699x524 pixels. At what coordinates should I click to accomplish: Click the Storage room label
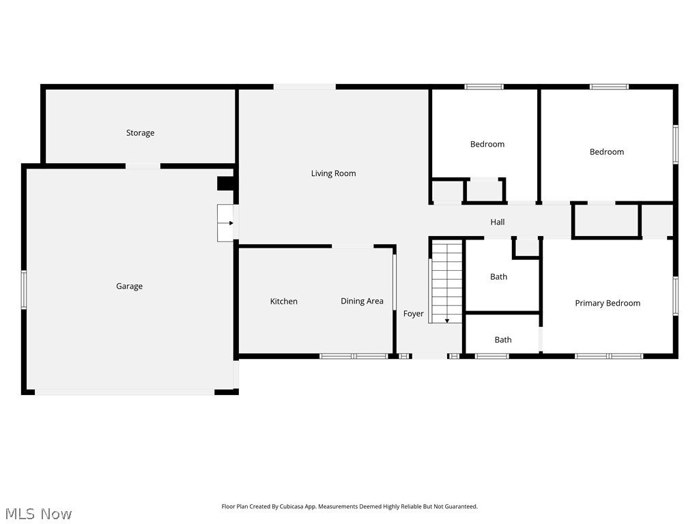tap(140, 133)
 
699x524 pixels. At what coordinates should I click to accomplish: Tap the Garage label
tap(129, 286)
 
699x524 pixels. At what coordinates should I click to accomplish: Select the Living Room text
tap(333, 173)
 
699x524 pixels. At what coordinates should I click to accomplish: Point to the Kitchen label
tap(283, 301)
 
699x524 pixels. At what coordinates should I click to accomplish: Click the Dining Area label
tap(362, 301)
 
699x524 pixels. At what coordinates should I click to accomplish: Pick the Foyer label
tap(413, 314)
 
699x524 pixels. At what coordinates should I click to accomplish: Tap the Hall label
tap(498, 222)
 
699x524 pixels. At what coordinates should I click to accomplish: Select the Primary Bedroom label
tap(608, 303)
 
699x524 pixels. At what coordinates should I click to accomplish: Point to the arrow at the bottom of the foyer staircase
tap(446, 321)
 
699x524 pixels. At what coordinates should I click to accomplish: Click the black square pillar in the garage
tap(225, 184)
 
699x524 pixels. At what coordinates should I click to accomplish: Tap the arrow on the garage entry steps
tap(231, 223)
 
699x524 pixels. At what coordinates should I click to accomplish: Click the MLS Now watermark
tap(38, 514)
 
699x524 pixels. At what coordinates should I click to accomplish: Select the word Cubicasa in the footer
tap(291, 506)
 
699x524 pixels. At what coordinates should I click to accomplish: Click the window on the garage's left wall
tap(24, 289)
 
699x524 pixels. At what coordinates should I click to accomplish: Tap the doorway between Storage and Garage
tap(143, 166)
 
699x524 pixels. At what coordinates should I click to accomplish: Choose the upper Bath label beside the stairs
tap(498, 277)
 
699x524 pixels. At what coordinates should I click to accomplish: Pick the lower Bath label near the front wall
tap(503, 340)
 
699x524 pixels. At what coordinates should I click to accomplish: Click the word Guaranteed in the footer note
tap(461, 506)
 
